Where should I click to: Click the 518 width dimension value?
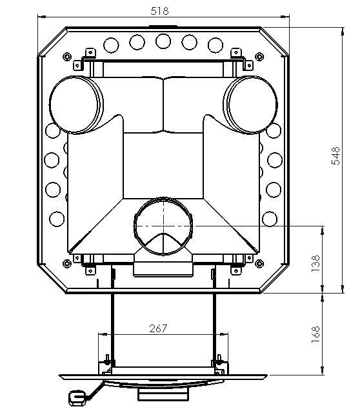(x=159, y=11)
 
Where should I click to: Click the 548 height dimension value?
(x=335, y=156)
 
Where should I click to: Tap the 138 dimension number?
(x=315, y=263)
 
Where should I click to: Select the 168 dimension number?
(x=315, y=334)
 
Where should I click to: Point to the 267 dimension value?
(x=158, y=328)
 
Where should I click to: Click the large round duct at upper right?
(x=250, y=105)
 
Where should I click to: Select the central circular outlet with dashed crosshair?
(x=163, y=226)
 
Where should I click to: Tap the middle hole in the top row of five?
(x=163, y=41)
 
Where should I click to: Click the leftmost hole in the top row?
(x=111, y=45)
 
